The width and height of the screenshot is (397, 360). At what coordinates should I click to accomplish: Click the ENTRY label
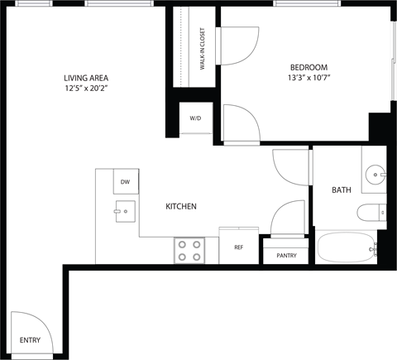(x=29, y=340)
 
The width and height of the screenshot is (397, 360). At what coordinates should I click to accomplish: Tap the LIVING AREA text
(x=86, y=79)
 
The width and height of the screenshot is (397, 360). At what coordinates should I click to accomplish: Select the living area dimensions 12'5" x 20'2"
(x=86, y=90)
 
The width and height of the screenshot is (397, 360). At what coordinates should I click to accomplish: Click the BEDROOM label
(x=309, y=67)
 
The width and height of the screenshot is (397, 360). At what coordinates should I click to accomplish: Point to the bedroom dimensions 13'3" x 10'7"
(x=309, y=79)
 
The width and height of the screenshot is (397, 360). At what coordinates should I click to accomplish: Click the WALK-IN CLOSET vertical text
(x=203, y=49)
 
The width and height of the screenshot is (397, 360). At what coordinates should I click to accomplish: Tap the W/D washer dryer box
(x=195, y=118)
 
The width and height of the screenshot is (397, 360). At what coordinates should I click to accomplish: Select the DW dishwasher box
(x=125, y=181)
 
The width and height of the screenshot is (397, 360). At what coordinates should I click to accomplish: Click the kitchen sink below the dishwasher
(x=125, y=211)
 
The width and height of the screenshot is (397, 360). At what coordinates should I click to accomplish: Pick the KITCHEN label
(x=181, y=206)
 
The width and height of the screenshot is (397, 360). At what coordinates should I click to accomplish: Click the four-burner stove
(x=190, y=250)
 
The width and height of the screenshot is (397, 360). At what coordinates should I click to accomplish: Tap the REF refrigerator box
(x=238, y=247)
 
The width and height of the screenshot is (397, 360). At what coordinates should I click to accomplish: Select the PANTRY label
(x=286, y=256)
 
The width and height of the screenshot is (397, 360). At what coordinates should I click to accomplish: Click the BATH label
(x=341, y=190)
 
